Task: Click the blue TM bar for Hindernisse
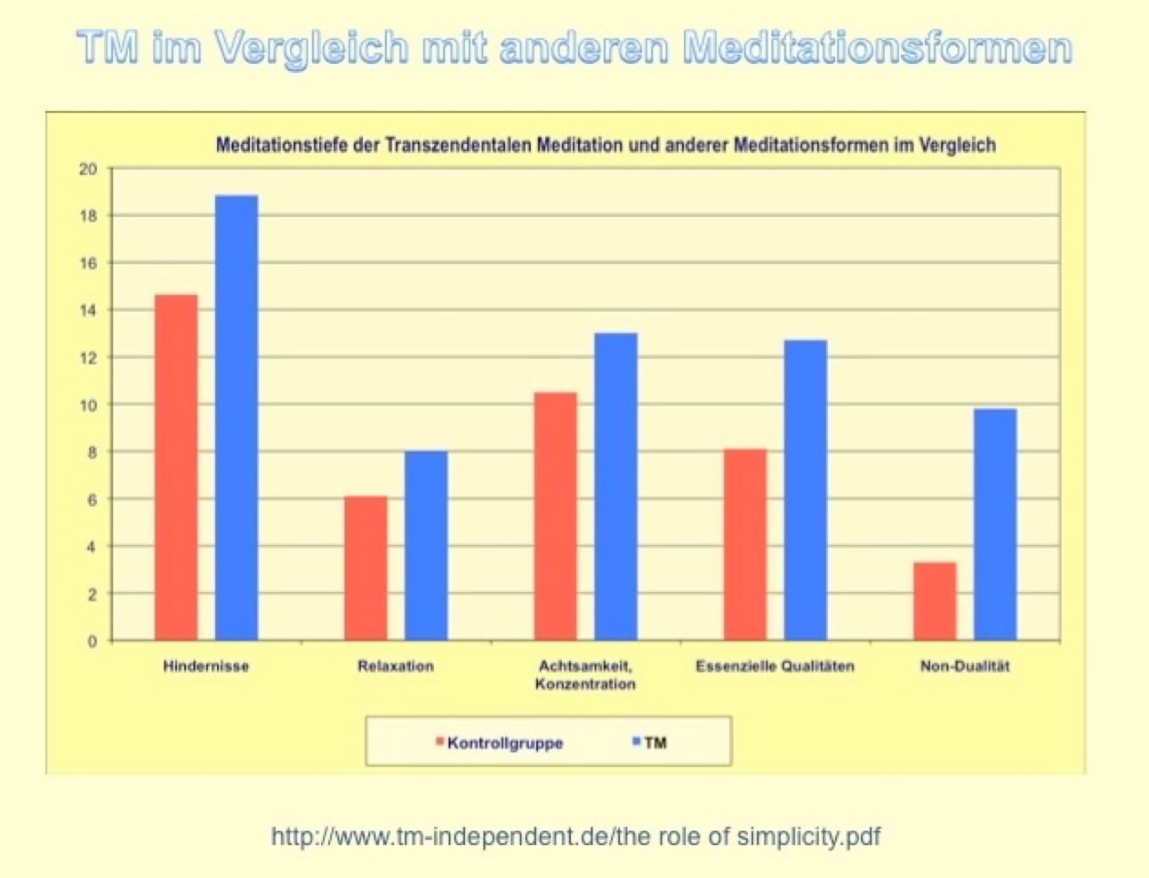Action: pyautogui.click(x=237, y=418)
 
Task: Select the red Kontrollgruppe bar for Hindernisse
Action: pyautogui.click(x=176, y=467)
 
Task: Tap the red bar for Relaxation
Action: pyautogui.click(x=366, y=568)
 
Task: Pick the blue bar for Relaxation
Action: pyautogui.click(x=426, y=546)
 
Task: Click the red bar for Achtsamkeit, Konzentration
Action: pyautogui.click(x=555, y=516)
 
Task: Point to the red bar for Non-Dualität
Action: pyautogui.click(x=935, y=601)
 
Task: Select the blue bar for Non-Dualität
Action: pyautogui.click(x=995, y=524)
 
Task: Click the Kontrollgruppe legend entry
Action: pyautogui.click(x=504, y=743)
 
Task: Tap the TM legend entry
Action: pyautogui.click(x=654, y=743)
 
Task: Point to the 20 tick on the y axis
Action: pyautogui.click(x=88, y=169)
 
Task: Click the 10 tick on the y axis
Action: pyautogui.click(x=88, y=405)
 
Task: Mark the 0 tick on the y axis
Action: pyautogui.click(x=92, y=641)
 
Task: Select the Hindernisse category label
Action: pyautogui.click(x=205, y=666)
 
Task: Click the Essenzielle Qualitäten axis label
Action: pyautogui.click(x=775, y=666)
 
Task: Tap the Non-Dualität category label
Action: pyautogui.click(x=965, y=666)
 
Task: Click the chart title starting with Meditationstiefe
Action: pyautogui.click(x=606, y=145)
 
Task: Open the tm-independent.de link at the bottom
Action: pyautogui.click(x=575, y=836)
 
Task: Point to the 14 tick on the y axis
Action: pyautogui.click(x=88, y=311)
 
